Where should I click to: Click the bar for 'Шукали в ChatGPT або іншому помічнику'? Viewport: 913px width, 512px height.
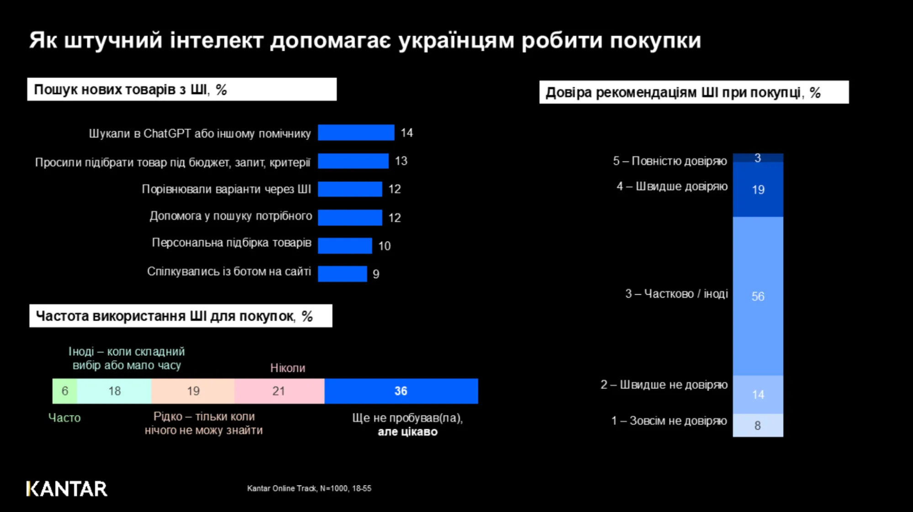[x=356, y=132]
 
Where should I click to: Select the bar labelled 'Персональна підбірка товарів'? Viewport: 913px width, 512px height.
[x=345, y=246]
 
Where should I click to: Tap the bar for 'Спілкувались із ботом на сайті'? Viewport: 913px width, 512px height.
[x=342, y=274]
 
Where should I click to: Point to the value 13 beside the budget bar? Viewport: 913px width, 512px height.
[x=401, y=161]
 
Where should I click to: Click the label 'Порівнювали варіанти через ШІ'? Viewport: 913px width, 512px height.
[x=226, y=189]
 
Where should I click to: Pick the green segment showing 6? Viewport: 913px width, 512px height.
[x=65, y=391]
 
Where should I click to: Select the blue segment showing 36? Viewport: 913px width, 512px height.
[x=401, y=391]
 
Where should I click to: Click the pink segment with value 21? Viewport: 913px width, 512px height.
[x=279, y=391]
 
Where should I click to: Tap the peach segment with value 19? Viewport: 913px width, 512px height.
[x=193, y=391]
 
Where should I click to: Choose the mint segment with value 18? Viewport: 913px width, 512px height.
[x=114, y=391]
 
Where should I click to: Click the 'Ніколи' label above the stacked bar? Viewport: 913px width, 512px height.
[x=287, y=368]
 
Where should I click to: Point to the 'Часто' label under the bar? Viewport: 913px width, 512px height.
[x=64, y=418]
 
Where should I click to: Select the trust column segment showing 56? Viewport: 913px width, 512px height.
[x=758, y=296]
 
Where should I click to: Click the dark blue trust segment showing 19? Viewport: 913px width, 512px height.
[x=758, y=189]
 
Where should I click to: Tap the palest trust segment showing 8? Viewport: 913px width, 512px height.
[x=758, y=425]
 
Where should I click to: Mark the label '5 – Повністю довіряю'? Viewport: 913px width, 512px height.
[x=670, y=161]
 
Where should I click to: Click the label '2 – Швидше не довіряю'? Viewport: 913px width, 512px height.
[x=664, y=385]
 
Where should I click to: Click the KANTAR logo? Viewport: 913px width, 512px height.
[x=67, y=489]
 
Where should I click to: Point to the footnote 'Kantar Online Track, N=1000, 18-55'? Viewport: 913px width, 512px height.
[x=309, y=488]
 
